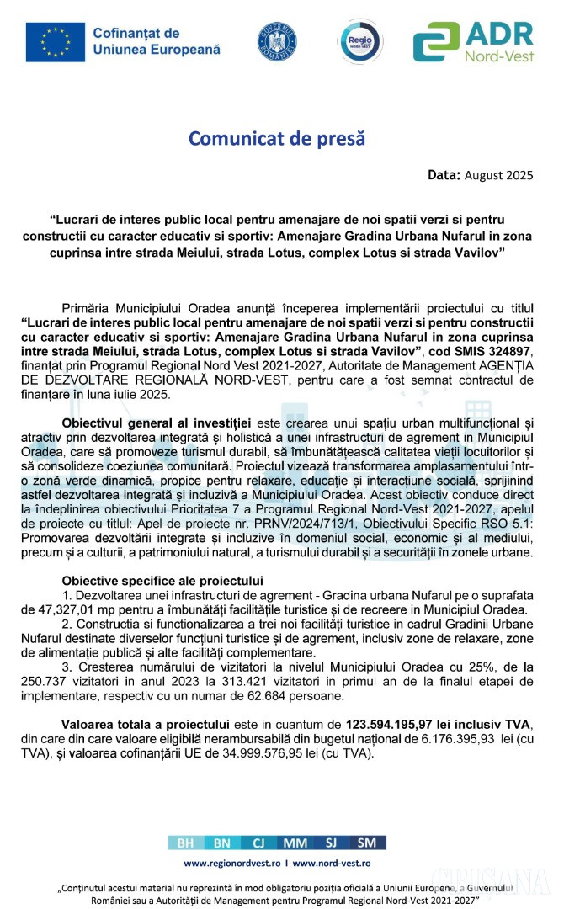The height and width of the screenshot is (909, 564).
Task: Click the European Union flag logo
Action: pos(56,41)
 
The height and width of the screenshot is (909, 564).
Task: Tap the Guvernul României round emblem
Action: pos(277,41)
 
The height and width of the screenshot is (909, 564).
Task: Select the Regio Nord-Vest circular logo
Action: pos(359,41)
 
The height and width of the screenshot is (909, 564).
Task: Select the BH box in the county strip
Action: pos(184,843)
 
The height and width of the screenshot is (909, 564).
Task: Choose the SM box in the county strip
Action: pos(367,843)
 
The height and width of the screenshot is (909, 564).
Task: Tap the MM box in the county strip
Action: pos(295,843)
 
